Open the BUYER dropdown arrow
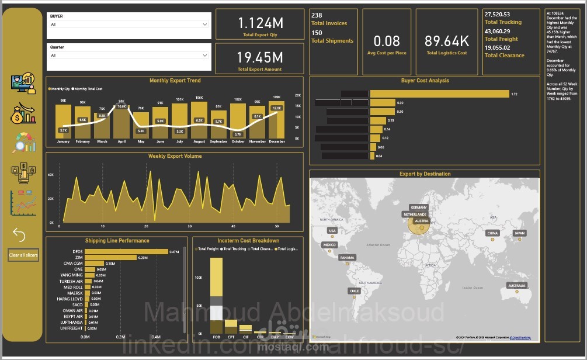coord(204,25)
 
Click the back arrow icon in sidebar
coord(19,235)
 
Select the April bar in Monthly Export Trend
coord(121,120)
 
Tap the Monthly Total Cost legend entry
coord(88,89)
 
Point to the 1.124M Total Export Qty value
coord(260,23)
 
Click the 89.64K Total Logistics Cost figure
coord(447,41)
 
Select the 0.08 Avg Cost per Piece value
coord(387,41)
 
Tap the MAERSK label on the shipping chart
coord(74,293)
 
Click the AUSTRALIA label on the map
coord(516,286)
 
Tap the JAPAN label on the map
coord(519,233)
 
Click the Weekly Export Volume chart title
coord(175,156)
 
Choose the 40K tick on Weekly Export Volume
coord(51,175)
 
